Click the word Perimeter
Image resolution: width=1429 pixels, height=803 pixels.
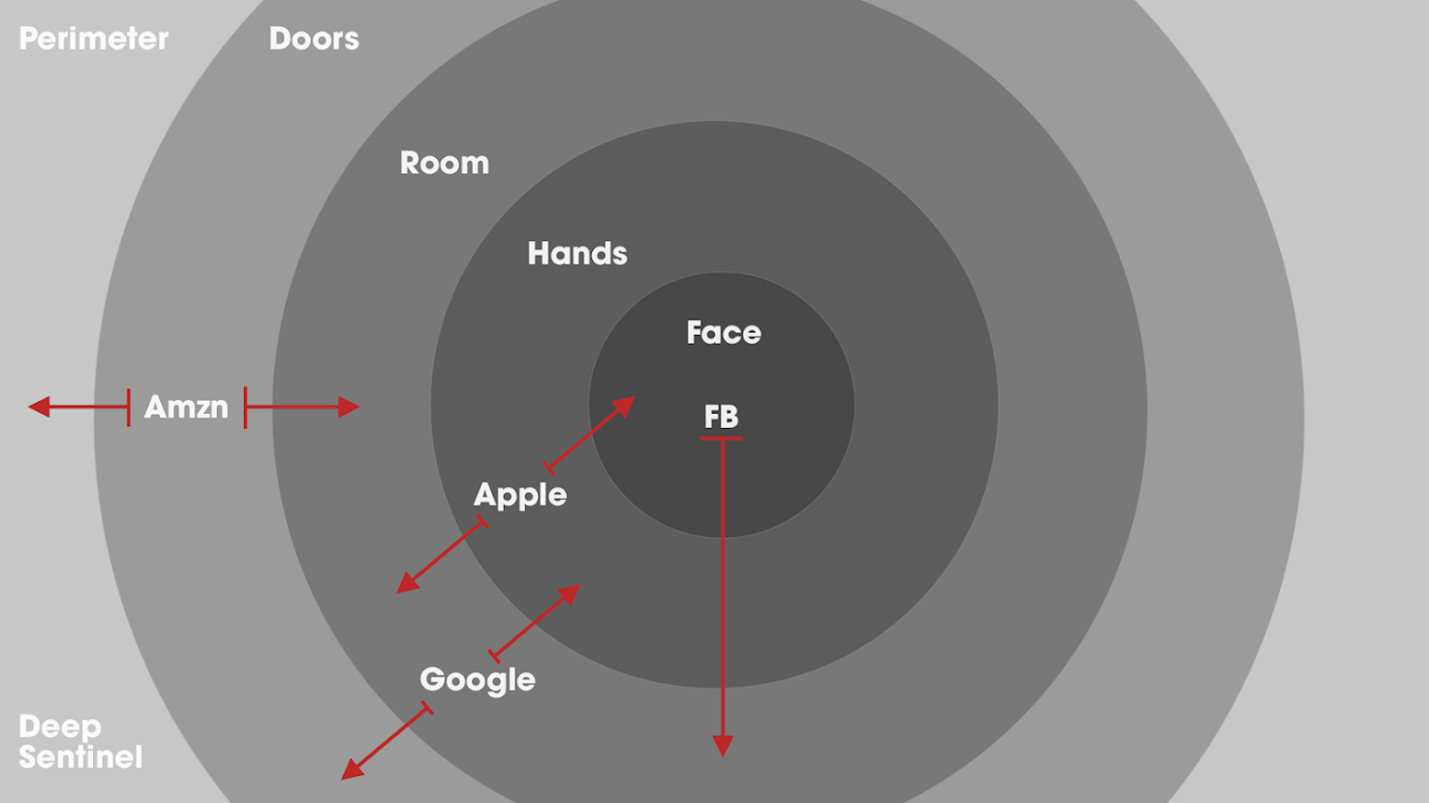coord(94,39)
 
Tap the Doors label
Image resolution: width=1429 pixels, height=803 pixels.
coord(314,39)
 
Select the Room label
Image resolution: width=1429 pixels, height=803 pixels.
coord(445,163)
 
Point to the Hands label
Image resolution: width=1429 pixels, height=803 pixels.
coord(577,254)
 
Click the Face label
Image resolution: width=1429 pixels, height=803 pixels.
coord(724,333)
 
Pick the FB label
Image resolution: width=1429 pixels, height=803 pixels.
coord(721,417)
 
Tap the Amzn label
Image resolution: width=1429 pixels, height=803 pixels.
coord(186,407)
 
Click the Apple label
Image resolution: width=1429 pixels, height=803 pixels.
coord(520,495)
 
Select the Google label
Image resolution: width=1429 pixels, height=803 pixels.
coord(478,680)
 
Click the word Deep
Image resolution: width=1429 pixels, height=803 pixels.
coord(60,726)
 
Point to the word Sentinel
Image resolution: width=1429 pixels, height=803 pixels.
coord(80,757)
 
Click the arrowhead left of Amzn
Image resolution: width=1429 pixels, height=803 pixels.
coord(39,407)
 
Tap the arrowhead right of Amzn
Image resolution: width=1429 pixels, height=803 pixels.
coord(349,407)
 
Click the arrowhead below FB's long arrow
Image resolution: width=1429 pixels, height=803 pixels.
coord(723,745)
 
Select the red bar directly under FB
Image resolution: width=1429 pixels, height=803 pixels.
coord(722,439)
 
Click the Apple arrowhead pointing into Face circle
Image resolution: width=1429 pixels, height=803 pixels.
coord(625,406)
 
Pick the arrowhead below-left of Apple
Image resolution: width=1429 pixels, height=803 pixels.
coord(407,583)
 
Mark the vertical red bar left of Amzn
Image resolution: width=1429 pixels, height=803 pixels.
coord(128,407)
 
